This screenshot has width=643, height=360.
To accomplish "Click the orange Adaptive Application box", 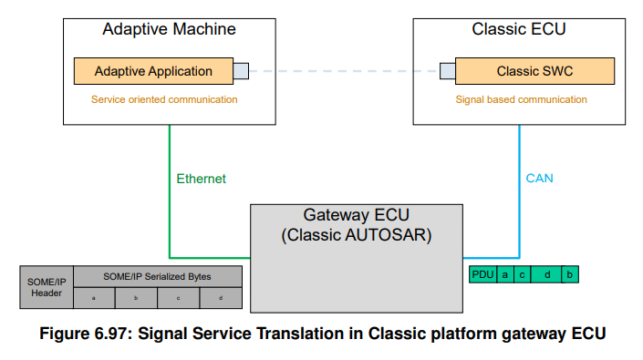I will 153,71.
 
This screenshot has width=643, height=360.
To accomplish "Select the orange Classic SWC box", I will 534,71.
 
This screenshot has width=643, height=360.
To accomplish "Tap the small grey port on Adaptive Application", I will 241,71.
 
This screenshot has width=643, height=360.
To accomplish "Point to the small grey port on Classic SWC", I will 447,71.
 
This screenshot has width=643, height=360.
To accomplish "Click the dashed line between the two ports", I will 344,71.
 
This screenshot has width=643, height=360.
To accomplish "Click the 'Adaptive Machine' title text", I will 169,29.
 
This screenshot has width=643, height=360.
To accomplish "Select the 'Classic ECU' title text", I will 519,29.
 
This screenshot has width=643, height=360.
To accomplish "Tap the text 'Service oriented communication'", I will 164,99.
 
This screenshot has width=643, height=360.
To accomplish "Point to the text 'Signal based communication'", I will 521,99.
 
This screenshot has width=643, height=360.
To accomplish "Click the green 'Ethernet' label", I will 201,179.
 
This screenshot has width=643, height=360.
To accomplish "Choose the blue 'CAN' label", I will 540,179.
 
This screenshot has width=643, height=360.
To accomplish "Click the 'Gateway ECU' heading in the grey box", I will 355,216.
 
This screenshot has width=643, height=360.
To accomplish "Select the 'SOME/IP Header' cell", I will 46,287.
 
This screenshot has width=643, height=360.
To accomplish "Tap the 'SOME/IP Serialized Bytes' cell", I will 157,276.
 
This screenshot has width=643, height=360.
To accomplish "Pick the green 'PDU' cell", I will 482,274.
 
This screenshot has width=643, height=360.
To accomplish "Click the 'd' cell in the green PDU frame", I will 546,274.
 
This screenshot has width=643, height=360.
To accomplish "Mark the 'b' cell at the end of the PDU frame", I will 570,274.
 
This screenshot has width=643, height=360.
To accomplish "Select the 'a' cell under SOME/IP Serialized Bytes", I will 94,298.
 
